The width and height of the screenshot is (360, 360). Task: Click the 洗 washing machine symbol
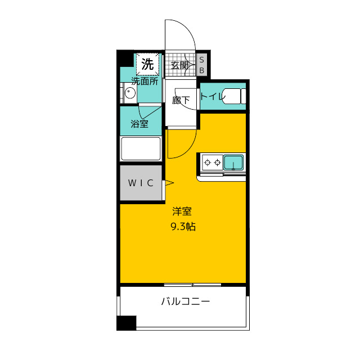click(147, 64)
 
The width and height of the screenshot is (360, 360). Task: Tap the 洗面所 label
click(145, 81)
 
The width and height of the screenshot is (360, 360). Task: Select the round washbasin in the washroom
click(130, 93)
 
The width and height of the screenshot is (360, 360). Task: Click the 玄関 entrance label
click(179, 65)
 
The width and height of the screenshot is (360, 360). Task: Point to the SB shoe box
click(202, 65)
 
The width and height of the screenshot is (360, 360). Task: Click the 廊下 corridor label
click(181, 100)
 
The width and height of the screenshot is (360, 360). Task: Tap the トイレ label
click(211, 96)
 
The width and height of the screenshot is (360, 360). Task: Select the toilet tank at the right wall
click(243, 96)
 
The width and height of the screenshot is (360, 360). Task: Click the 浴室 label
click(139, 124)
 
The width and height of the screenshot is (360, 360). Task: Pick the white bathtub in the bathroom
click(141, 148)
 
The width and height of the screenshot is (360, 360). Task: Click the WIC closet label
click(141, 183)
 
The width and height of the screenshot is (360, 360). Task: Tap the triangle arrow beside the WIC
click(169, 183)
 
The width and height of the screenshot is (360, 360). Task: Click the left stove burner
click(208, 163)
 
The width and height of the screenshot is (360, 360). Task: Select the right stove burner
click(218, 163)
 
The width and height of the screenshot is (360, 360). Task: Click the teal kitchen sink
click(233, 163)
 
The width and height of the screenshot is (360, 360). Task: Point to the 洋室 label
click(182, 211)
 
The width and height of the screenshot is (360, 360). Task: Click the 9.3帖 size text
click(183, 227)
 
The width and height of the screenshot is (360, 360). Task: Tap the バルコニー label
click(186, 301)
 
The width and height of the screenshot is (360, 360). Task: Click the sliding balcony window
click(192, 285)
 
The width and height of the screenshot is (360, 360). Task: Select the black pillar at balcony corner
click(127, 323)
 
